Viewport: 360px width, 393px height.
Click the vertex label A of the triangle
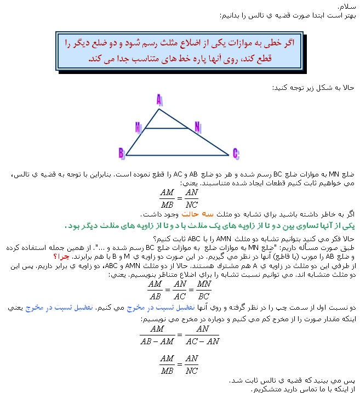click(x=159, y=100)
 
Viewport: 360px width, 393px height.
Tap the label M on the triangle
click(x=139, y=127)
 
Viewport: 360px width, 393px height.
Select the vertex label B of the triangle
click(x=121, y=152)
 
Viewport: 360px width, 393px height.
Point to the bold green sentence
click(x=209, y=226)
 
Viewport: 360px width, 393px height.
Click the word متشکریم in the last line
click(x=265, y=389)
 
